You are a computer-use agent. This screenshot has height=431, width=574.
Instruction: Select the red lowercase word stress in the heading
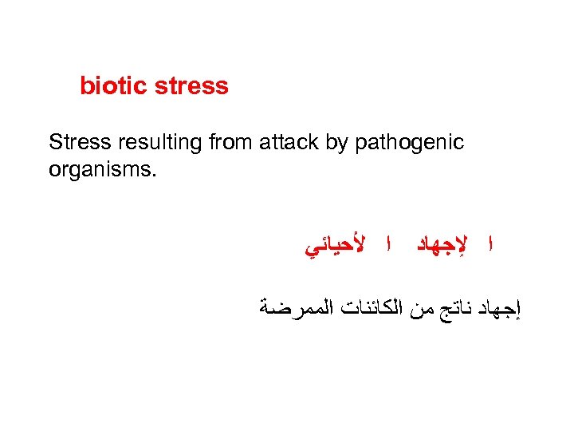point(191,86)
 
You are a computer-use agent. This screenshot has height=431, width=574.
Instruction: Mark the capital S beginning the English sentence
point(54,143)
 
